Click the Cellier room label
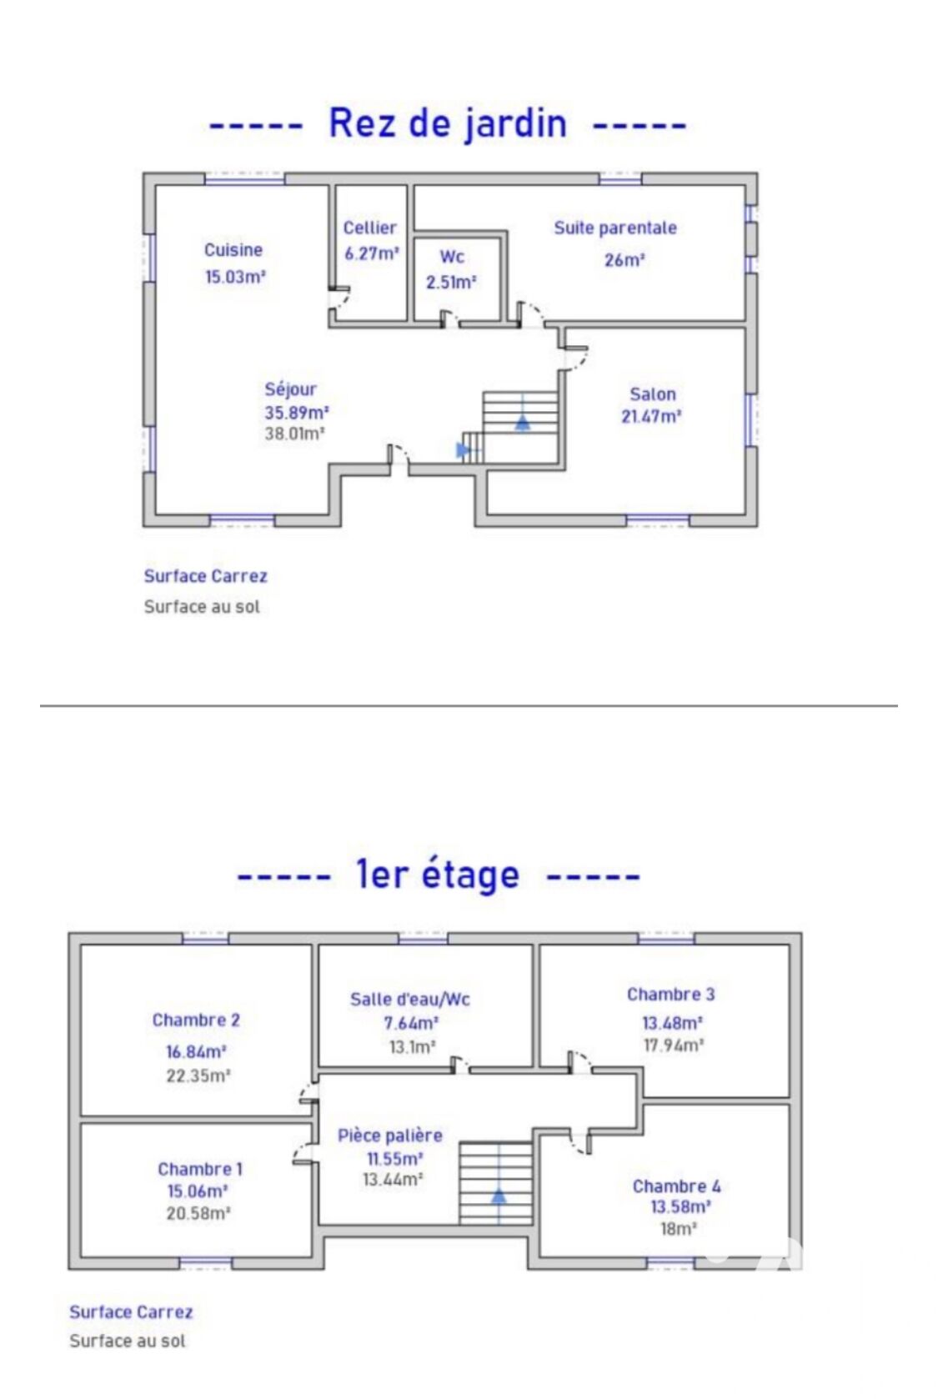click(x=369, y=228)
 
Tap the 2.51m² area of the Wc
click(x=451, y=283)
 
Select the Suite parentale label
click(x=615, y=228)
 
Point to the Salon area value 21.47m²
click(x=650, y=416)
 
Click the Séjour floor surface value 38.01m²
click(x=294, y=434)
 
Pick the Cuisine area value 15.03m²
click(x=235, y=276)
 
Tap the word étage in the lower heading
click(x=470, y=874)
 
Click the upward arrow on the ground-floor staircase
click(x=523, y=423)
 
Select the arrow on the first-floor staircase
click(x=499, y=1196)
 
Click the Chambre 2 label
click(x=196, y=1020)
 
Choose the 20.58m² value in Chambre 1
click(x=198, y=1213)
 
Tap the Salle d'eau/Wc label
click(x=409, y=1000)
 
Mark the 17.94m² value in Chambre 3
click(x=673, y=1045)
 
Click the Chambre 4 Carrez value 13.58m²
click(x=680, y=1206)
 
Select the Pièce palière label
click(x=389, y=1135)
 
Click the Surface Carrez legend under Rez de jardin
click(x=205, y=576)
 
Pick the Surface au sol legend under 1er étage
click(x=128, y=1341)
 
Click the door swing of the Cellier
click(x=342, y=303)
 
